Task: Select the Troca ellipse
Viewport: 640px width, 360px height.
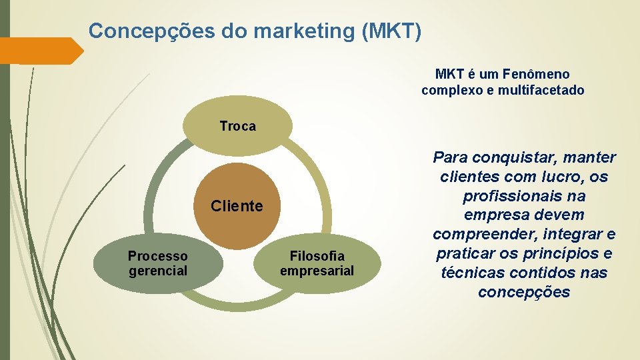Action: pyautogui.click(x=237, y=126)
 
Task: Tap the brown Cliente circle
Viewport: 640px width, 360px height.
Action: pyautogui.click(x=237, y=205)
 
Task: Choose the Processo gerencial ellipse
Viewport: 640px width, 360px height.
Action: pyautogui.click(x=157, y=263)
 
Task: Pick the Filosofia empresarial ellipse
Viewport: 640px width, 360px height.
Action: pyautogui.click(x=317, y=263)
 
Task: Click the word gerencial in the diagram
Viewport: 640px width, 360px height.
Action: pyautogui.click(x=158, y=271)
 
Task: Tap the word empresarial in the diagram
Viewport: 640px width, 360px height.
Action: pyautogui.click(x=317, y=271)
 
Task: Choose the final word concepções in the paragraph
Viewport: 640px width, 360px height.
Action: pyautogui.click(x=524, y=293)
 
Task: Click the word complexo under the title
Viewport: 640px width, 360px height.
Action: pyautogui.click(x=453, y=90)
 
